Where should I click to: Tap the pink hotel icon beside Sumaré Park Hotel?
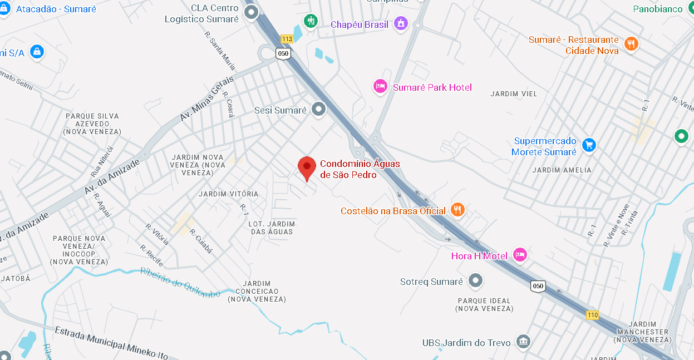tap(380, 86)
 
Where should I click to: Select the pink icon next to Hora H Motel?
tap(520, 255)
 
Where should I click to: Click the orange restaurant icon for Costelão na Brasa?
tap(457, 210)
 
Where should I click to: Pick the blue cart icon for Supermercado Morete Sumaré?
tap(588, 146)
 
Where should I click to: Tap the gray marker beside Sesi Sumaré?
tap(318, 110)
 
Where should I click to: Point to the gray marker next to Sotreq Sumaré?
tap(475, 281)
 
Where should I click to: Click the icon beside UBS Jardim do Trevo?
tap(523, 342)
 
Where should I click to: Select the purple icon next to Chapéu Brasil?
tap(400, 23)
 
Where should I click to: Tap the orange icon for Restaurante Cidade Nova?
tap(631, 43)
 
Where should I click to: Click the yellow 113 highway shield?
tap(287, 39)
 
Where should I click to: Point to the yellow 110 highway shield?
tap(592, 315)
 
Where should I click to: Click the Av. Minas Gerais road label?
tap(206, 98)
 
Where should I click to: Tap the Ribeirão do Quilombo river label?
tap(180, 283)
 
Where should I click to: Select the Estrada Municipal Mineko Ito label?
tap(111, 342)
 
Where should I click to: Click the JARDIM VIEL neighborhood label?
tap(514, 94)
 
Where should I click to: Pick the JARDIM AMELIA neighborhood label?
tap(562, 170)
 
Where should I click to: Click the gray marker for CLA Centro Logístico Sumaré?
tap(252, 12)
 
